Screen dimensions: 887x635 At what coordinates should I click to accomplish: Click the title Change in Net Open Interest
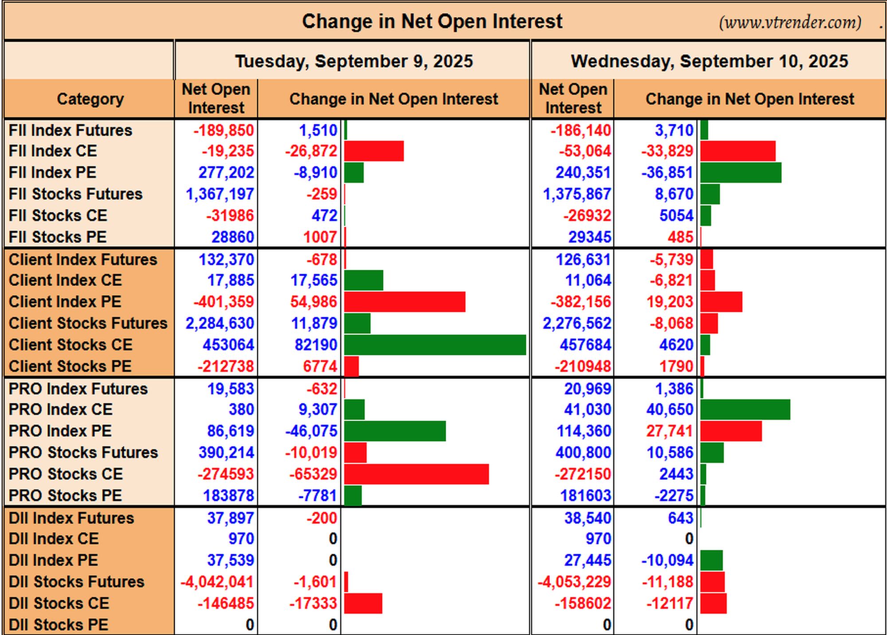[x=432, y=21]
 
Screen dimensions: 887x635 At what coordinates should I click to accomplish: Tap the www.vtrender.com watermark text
[x=790, y=22]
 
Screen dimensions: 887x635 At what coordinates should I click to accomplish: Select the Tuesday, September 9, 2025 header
[x=354, y=61]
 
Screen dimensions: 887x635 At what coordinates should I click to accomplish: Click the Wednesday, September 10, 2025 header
[x=709, y=61]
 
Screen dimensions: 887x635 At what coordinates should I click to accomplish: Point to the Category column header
[x=90, y=99]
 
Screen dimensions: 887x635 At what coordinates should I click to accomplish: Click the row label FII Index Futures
[x=71, y=130]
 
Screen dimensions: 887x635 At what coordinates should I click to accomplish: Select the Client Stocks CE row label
[x=71, y=345]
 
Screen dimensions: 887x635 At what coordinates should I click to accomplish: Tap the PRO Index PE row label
[x=60, y=431]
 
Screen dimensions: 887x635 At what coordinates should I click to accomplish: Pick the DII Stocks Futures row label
[x=77, y=582]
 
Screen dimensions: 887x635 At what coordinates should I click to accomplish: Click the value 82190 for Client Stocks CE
[x=316, y=345]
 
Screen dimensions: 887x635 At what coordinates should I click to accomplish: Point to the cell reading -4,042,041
[x=217, y=582]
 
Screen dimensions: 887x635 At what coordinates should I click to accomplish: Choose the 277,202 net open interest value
[x=226, y=173]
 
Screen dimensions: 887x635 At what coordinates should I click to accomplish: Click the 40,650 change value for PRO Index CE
[x=670, y=410]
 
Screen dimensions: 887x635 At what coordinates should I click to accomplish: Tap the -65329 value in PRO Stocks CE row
[x=313, y=474]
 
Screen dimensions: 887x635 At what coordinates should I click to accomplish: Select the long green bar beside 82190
[x=435, y=345]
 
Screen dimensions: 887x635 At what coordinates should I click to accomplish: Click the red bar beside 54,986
[x=405, y=302]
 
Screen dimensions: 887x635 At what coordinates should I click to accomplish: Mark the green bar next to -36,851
[x=741, y=173]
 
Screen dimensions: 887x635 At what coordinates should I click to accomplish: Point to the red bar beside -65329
[x=416, y=474]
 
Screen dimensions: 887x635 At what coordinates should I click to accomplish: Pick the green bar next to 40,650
[x=746, y=410]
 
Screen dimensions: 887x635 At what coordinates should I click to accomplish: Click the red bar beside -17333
[x=363, y=603]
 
